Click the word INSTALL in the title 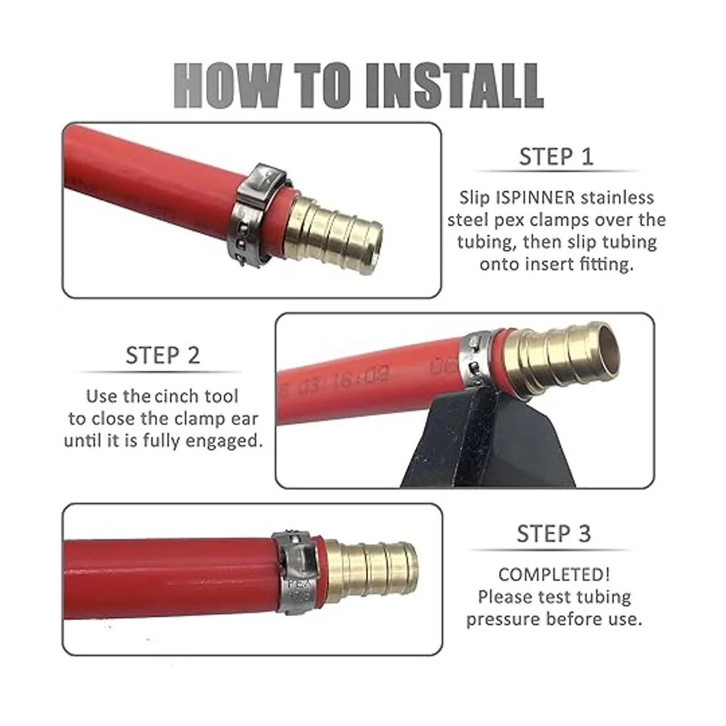click(456, 86)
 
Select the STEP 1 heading click(556, 157)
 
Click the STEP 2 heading click(162, 355)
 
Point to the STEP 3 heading click(554, 534)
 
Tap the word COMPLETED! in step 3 click(554, 575)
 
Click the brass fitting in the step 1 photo click(333, 235)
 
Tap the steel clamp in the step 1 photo click(256, 216)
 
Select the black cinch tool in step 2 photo click(490, 441)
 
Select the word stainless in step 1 click(617, 198)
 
